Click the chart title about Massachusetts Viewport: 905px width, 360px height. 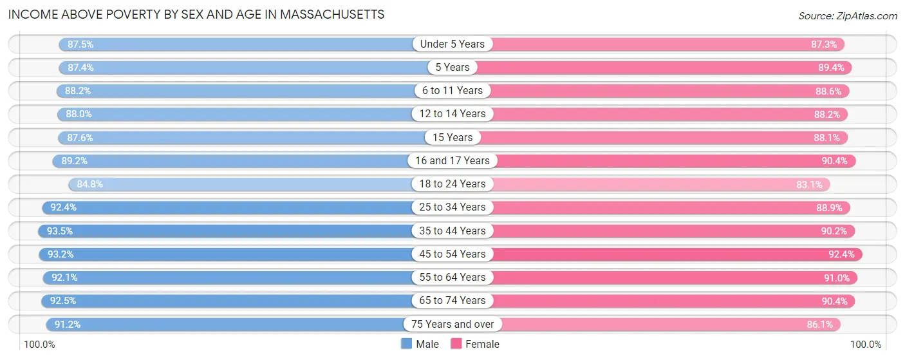tap(196, 14)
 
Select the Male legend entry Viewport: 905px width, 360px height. tap(420, 344)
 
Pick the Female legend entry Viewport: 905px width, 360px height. tap(475, 344)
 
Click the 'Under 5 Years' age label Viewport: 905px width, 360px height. tap(452, 44)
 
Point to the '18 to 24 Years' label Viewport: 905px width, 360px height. tap(452, 184)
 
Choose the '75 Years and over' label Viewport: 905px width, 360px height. tap(452, 324)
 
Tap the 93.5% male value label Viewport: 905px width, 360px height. tap(60, 231)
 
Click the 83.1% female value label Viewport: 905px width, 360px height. tap(809, 184)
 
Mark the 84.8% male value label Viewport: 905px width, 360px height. tap(89, 184)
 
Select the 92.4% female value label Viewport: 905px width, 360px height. tap(841, 254)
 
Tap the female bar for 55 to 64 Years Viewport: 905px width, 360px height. tap(644, 278)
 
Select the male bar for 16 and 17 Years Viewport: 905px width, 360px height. tap(245, 161)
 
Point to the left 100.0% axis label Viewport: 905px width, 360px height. tap(39, 345)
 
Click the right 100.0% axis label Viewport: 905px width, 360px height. tap(865, 345)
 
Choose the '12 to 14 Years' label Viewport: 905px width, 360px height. tap(452, 114)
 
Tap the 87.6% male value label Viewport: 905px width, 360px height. tap(79, 137)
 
